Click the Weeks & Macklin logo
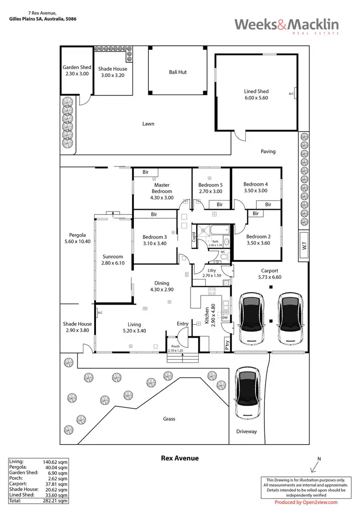tap(287, 25)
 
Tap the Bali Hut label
tap(178, 72)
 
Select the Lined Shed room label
tap(256, 91)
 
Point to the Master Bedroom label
tap(162, 188)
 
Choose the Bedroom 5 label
tap(211, 185)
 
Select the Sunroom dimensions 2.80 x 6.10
tap(113, 263)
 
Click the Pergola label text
tap(77, 235)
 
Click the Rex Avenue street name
tap(180, 458)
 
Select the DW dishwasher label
tap(225, 318)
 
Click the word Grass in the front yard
tap(168, 419)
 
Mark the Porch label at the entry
tap(171, 346)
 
